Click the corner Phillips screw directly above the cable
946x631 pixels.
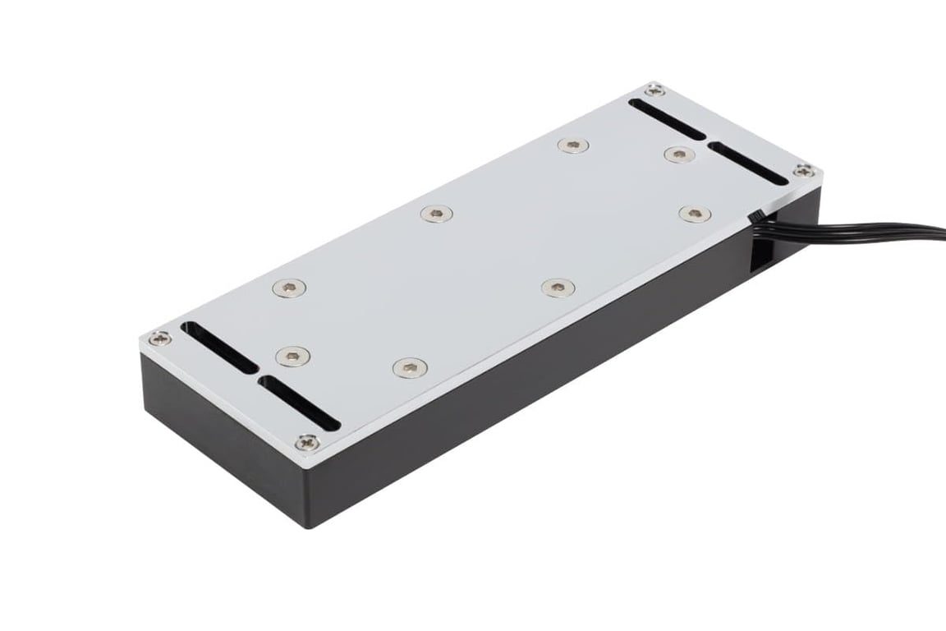[805, 171]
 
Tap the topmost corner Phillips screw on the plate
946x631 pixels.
[654, 89]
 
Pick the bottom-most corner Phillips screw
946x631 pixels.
[307, 441]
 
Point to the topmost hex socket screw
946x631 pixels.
[573, 145]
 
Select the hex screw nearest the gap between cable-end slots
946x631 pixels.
[677, 154]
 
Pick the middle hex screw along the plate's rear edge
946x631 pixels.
[435, 214]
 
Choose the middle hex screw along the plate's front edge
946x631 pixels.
[558, 287]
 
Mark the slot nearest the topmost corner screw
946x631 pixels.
[668, 119]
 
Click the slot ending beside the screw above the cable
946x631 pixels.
[747, 164]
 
